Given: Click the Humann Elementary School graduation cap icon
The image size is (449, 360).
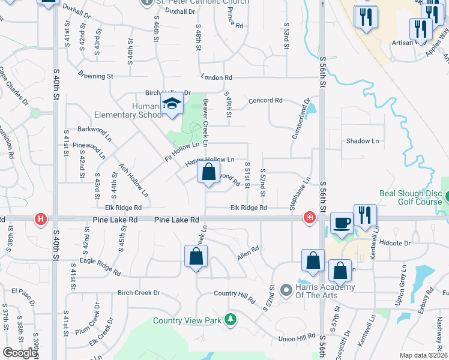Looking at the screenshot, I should pos(172,105).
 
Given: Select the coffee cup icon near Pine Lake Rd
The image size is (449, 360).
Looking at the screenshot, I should pos(342,223).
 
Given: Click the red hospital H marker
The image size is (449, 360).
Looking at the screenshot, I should pos(41,220).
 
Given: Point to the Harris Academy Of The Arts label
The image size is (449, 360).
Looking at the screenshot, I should pos(325,291).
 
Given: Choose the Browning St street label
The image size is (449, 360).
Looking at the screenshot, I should pos(95,76).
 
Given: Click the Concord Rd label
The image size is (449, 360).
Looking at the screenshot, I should pos(265,100).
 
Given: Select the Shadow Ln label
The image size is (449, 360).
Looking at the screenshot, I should pos(363,141).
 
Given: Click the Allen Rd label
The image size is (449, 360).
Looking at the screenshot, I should pos(248,252).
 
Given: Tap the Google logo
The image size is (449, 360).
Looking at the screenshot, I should pos(20,353).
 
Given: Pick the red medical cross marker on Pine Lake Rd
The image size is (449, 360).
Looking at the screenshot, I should pos(310,217).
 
